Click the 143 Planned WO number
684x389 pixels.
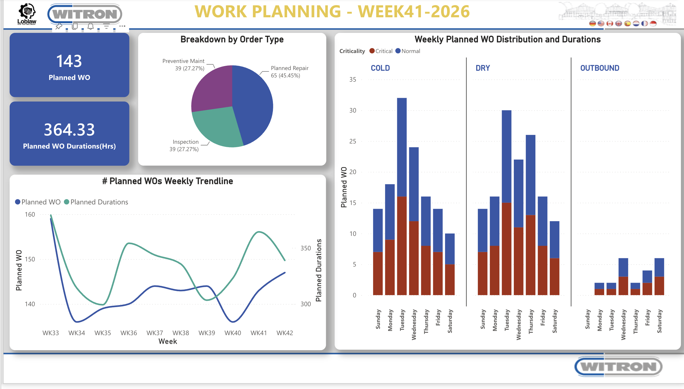69,61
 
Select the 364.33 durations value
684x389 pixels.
69,130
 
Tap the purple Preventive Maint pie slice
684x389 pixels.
212,88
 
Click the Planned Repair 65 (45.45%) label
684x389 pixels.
289,72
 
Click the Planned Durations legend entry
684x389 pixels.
96,202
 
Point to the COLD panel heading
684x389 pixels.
380,68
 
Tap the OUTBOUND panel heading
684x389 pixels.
600,68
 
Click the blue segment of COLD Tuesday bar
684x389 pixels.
402,147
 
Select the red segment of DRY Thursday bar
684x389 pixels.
531,255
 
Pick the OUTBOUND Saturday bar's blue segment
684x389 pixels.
659,267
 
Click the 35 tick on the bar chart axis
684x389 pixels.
352,80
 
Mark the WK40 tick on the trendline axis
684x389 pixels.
233,333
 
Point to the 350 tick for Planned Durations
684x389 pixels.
305,248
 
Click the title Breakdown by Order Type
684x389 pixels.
232,39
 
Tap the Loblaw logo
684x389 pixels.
27,14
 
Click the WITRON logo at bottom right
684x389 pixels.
618,367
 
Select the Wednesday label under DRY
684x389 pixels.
519,325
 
